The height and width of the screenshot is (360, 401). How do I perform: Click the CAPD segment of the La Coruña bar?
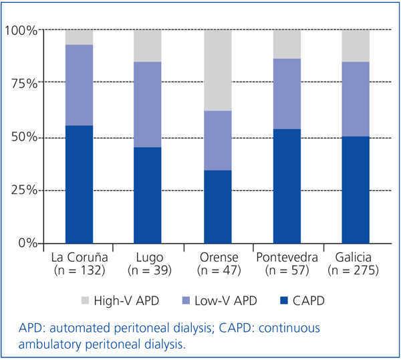click(x=79, y=184)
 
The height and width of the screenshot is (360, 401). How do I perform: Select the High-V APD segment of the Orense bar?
click(x=217, y=70)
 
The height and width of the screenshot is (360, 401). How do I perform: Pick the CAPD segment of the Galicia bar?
click(x=355, y=189)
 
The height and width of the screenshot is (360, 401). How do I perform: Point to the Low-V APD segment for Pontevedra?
click(x=286, y=94)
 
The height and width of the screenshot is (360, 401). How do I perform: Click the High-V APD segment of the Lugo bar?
click(x=148, y=46)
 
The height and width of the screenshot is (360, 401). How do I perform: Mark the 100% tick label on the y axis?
click(x=21, y=30)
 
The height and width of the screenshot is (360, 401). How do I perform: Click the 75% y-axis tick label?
click(x=24, y=84)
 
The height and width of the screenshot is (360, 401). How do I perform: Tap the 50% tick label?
click(x=24, y=137)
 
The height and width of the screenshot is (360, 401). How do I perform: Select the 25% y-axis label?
click(x=24, y=190)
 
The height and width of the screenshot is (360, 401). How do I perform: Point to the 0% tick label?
click(x=27, y=243)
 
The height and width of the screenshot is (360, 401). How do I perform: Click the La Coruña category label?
click(x=79, y=258)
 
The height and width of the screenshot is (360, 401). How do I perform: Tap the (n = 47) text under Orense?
click(x=217, y=270)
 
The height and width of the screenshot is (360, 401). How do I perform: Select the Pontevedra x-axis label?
click(x=286, y=258)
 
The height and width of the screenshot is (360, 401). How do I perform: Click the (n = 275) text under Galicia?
click(x=355, y=270)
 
